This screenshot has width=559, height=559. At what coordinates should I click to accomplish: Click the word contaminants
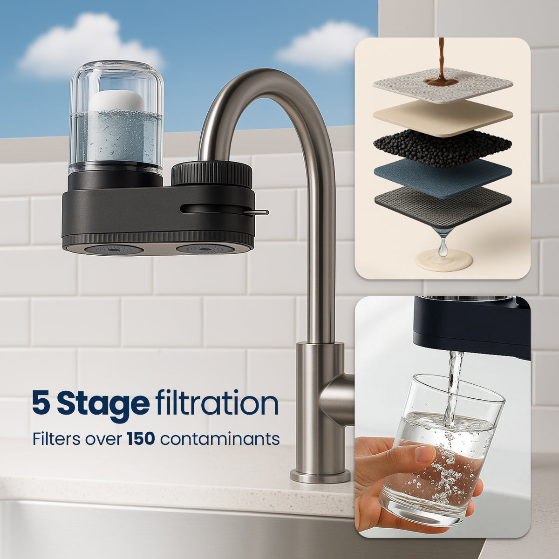tap(220, 439)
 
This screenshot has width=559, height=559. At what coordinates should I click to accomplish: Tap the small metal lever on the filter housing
tap(256, 212)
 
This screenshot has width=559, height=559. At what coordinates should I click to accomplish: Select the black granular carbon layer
tap(443, 148)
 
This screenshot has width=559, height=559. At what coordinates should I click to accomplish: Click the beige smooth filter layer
tap(443, 118)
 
